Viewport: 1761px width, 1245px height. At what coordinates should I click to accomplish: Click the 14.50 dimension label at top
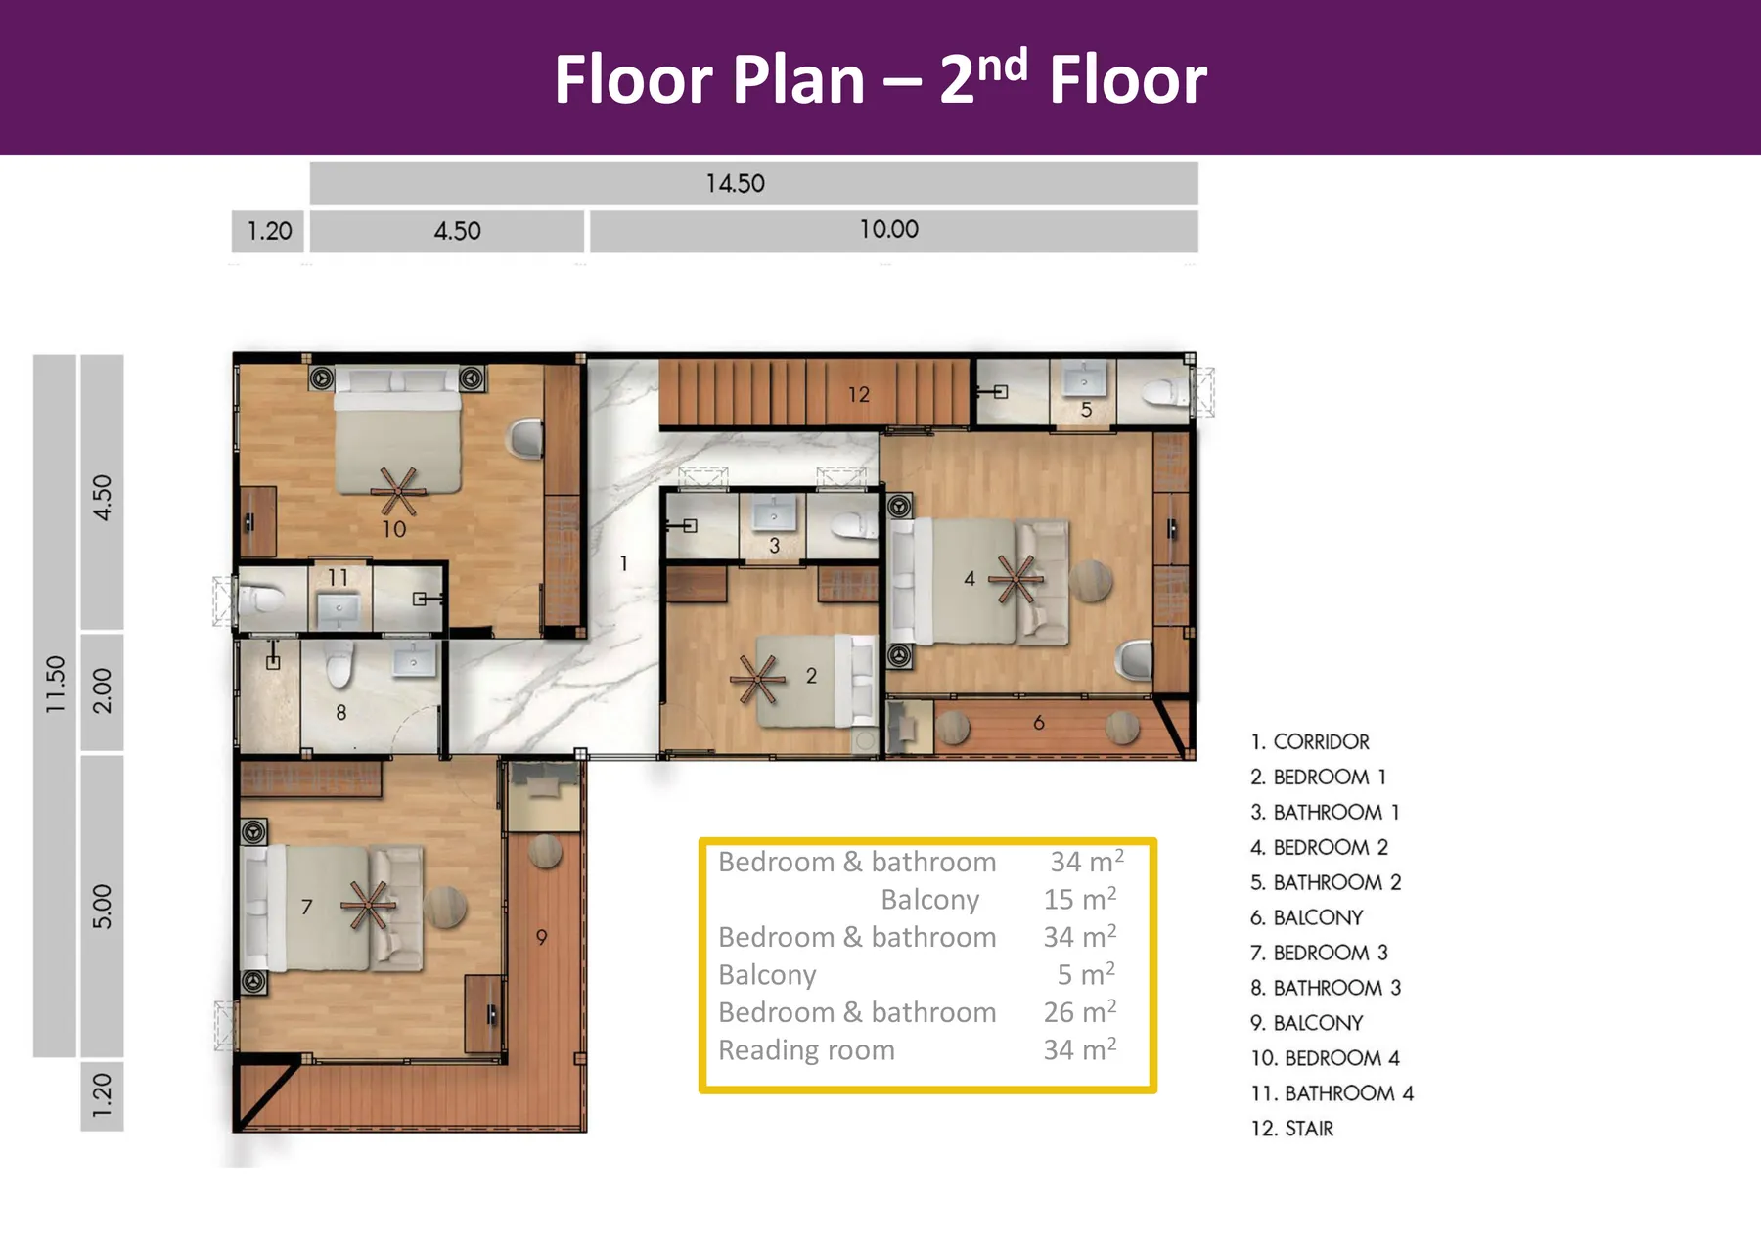(735, 183)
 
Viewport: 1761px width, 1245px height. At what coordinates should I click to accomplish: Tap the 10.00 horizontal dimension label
(888, 229)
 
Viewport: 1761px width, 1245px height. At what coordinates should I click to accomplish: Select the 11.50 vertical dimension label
(55, 684)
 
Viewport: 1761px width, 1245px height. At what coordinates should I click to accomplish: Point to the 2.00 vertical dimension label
(102, 690)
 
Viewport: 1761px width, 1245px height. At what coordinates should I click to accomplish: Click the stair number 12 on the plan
(858, 394)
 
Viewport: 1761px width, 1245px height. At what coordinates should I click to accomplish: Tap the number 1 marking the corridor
(623, 563)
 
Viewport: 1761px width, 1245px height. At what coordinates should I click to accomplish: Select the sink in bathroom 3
(773, 512)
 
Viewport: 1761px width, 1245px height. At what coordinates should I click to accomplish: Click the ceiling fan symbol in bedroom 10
(397, 491)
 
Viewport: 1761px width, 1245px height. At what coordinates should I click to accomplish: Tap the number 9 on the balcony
(541, 937)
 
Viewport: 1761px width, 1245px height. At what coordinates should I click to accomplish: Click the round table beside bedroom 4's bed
(1090, 581)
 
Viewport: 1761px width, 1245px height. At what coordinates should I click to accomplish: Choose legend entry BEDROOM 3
(1319, 953)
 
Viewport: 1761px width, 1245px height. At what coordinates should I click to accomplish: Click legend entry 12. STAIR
(1291, 1129)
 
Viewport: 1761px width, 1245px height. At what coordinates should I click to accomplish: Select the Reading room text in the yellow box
(806, 1049)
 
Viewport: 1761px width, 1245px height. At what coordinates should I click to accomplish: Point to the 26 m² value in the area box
(1079, 1011)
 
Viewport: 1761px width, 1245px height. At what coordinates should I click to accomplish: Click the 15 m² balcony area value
(1079, 899)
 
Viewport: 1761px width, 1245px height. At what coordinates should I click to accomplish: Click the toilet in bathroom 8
(339, 666)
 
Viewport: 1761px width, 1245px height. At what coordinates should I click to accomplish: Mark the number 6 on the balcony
(1038, 722)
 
